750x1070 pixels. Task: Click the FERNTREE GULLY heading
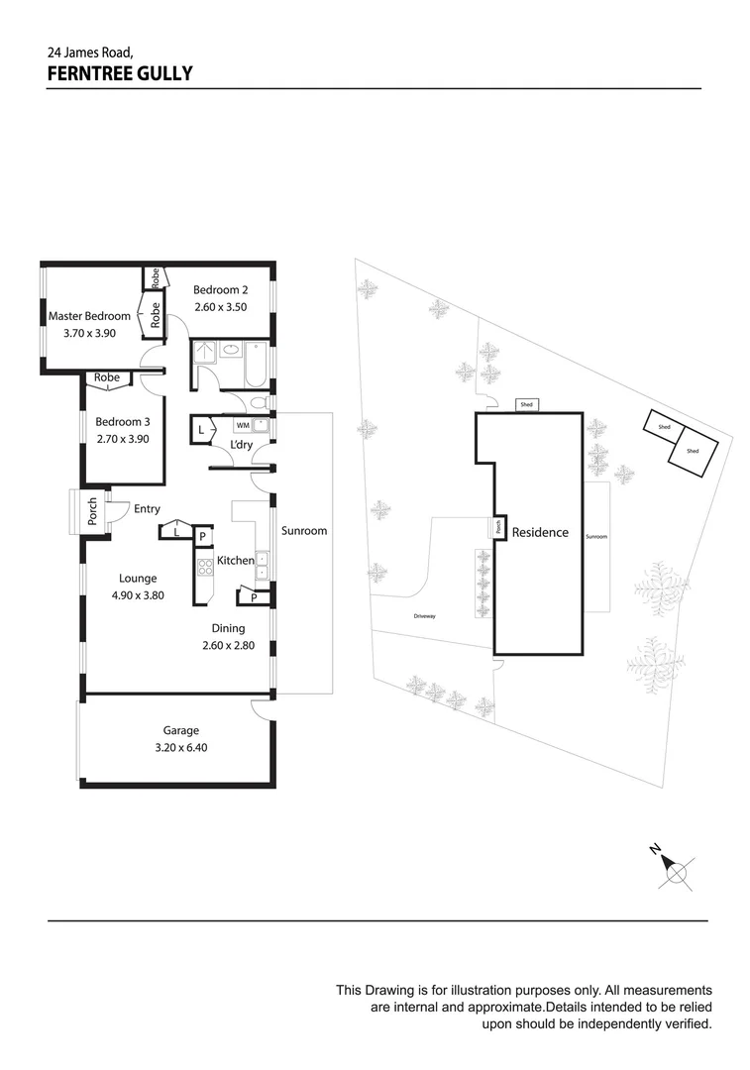(x=119, y=72)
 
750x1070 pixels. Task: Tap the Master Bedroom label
(x=89, y=316)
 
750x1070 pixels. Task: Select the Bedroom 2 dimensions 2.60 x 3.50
(x=220, y=307)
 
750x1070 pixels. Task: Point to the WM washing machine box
(x=243, y=425)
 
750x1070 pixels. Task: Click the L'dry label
(x=241, y=445)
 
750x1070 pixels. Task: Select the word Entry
(x=147, y=509)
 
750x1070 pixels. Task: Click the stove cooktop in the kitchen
(x=206, y=568)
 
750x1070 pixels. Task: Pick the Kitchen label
(x=236, y=561)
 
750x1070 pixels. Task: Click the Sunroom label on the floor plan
(x=303, y=531)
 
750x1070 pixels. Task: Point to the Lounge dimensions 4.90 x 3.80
(x=137, y=596)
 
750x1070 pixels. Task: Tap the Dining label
(x=227, y=628)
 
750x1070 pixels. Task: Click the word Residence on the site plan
(x=540, y=532)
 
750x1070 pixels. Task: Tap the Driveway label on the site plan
(x=425, y=616)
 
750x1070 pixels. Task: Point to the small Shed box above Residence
(x=526, y=405)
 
